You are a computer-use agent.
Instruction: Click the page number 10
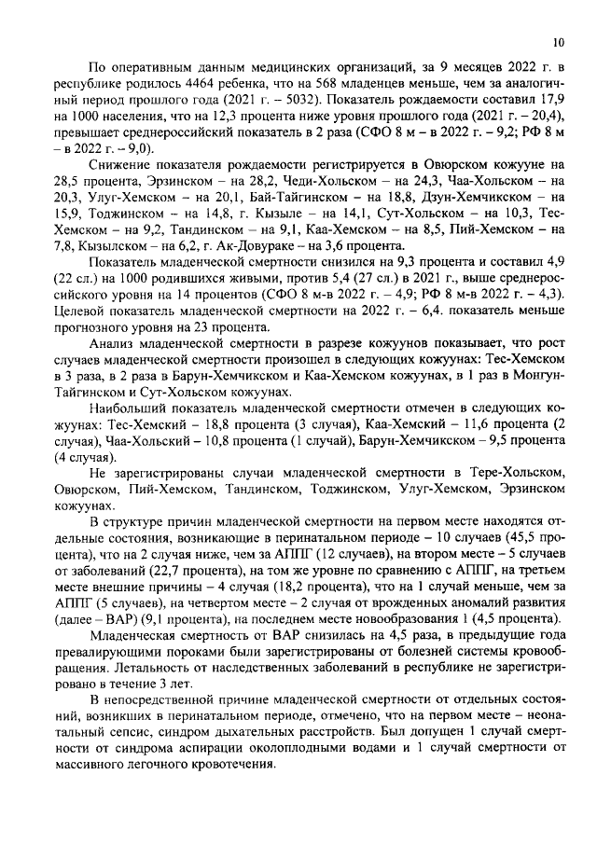tap(558, 42)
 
